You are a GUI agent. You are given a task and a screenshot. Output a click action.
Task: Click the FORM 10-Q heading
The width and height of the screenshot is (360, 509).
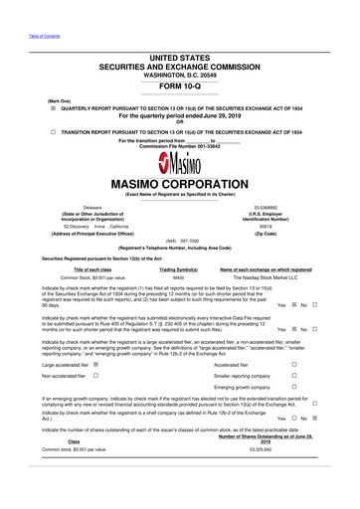(x=180, y=86)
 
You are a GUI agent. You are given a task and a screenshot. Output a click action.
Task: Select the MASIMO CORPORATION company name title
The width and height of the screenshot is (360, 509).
(x=180, y=185)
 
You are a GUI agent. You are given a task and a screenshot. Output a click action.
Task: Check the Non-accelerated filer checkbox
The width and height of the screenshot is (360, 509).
(x=95, y=376)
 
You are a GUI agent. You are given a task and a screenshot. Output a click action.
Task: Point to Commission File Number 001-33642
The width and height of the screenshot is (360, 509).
(x=179, y=148)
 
